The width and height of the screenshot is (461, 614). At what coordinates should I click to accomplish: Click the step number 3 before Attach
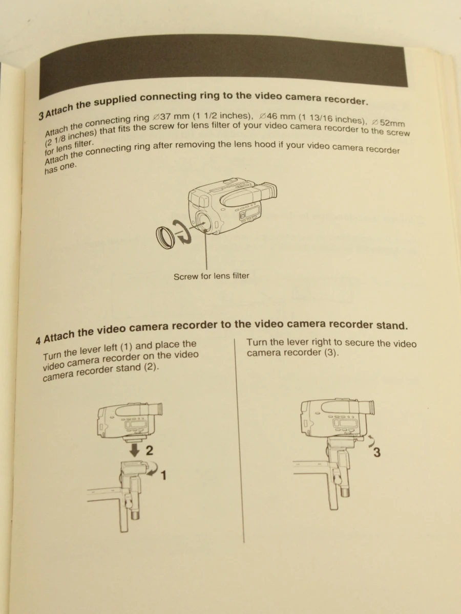41,116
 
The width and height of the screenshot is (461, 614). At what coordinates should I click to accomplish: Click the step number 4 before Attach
38,341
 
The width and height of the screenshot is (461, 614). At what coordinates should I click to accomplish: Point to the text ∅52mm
388,123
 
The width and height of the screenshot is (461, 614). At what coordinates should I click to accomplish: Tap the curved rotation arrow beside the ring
182,232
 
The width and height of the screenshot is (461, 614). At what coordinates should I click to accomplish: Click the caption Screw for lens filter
212,276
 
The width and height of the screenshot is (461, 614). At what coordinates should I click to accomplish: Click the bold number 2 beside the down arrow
149,450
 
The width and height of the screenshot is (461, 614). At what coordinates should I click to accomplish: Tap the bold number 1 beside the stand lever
164,475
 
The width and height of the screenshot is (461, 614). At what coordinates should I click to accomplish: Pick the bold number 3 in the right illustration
377,452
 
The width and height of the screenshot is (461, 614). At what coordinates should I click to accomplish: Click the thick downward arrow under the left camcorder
135,449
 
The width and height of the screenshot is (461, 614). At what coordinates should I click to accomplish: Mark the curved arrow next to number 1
153,469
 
